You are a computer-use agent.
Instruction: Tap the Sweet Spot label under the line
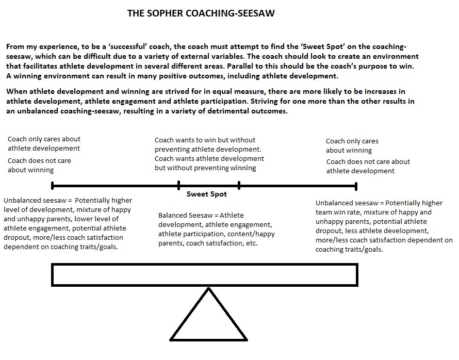(206, 194)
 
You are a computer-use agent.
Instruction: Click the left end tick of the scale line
(52, 185)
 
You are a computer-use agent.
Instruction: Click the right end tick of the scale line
(356, 185)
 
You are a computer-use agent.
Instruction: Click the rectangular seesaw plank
(205, 274)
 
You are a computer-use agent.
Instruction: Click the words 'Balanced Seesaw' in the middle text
(183, 215)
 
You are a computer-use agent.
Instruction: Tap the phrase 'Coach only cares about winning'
(352, 145)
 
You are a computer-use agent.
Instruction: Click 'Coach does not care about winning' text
(39, 165)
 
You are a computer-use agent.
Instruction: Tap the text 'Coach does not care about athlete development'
(368, 166)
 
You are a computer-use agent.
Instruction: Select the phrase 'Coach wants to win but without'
(205, 140)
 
